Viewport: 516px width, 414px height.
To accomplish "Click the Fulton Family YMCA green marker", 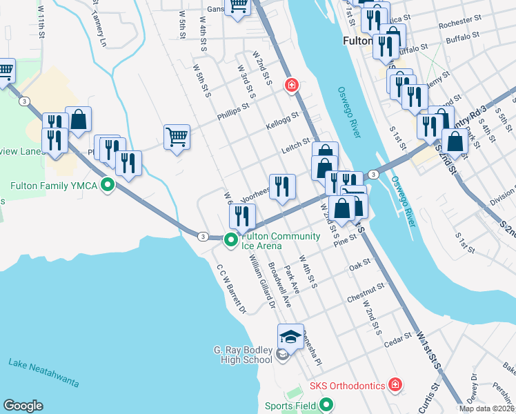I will click(x=107, y=185).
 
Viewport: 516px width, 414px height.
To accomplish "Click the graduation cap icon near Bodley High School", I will click(x=291, y=337).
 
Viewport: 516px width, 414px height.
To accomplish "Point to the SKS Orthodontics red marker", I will click(x=395, y=384).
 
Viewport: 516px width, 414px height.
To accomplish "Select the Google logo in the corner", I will click(x=23, y=406).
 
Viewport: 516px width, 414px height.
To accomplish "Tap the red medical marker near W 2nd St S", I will click(x=292, y=85).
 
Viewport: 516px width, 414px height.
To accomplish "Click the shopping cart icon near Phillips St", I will click(x=177, y=136).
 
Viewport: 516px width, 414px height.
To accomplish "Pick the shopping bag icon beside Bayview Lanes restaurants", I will click(x=79, y=119).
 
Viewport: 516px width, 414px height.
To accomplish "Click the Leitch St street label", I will click(x=296, y=146).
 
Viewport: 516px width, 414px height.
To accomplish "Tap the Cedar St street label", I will click(x=398, y=339).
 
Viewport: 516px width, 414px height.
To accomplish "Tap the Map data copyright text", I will click(x=486, y=408).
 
